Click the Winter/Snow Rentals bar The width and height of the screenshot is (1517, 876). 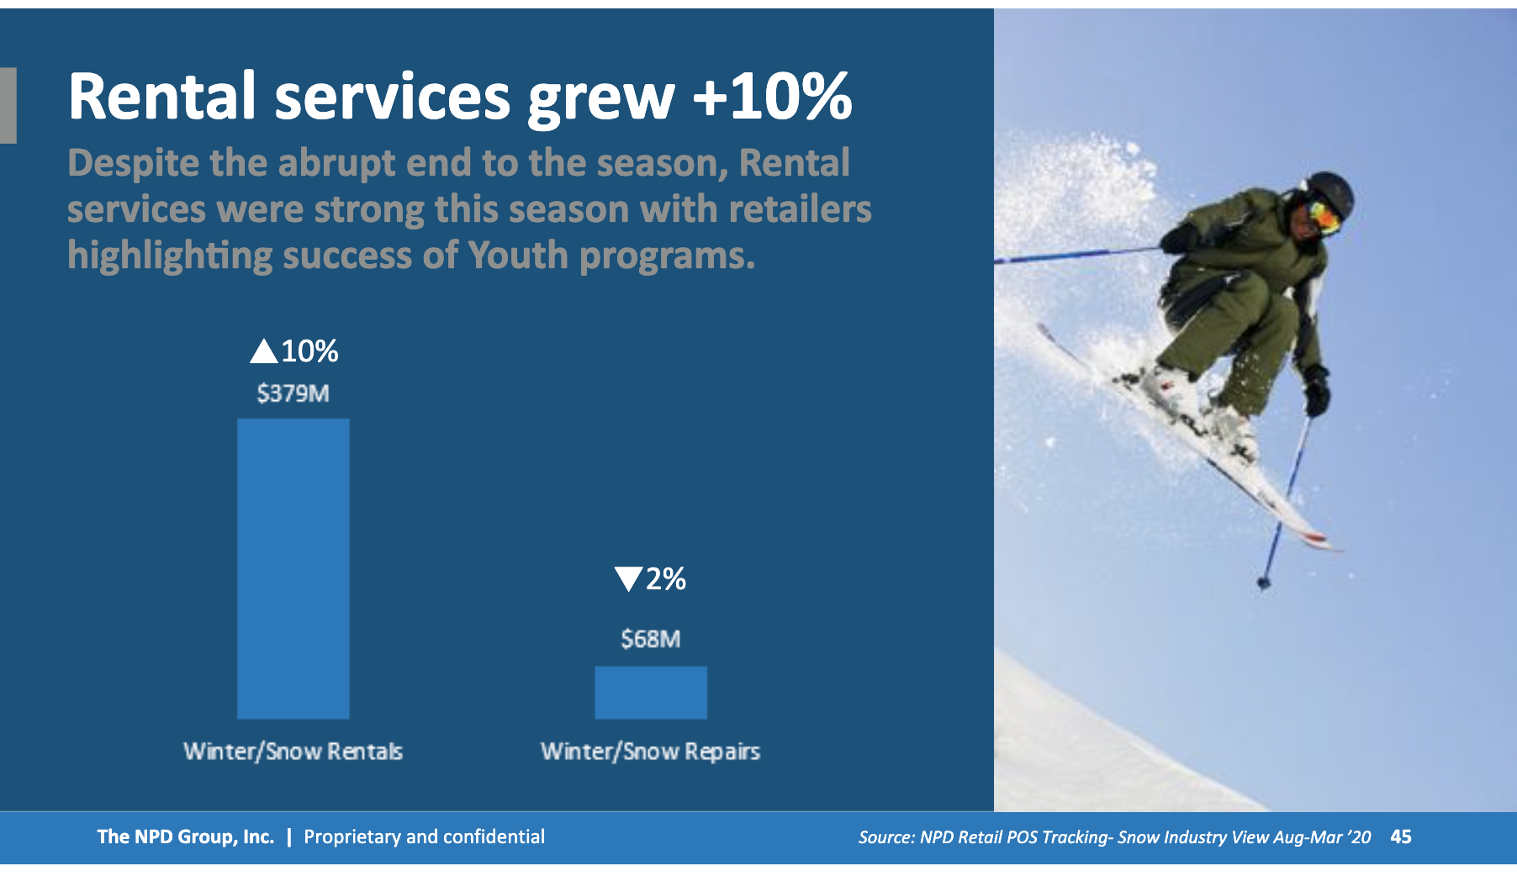[x=293, y=568]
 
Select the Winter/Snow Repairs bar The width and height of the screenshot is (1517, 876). [x=651, y=693]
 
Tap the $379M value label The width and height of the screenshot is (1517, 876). [x=293, y=393]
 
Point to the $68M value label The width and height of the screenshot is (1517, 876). [x=651, y=639]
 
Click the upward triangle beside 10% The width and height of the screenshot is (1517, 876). [x=264, y=351]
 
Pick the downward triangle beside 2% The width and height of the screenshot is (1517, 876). [x=628, y=579]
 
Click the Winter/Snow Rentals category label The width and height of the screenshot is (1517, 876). [x=293, y=751]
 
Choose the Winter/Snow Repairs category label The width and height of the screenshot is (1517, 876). [x=650, y=751]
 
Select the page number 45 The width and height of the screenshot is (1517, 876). [x=1401, y=836]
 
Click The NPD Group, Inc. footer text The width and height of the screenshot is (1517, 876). [x=186, y=837]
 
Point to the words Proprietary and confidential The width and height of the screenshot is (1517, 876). [x=424, y=837]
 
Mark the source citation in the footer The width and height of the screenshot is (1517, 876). [x=1114, y=837]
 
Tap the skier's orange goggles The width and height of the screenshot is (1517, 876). [x=1323, y=217]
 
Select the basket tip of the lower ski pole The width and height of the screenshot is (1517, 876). [x=1263, y=582]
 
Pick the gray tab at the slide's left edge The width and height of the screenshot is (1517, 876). [x=8, y=105]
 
